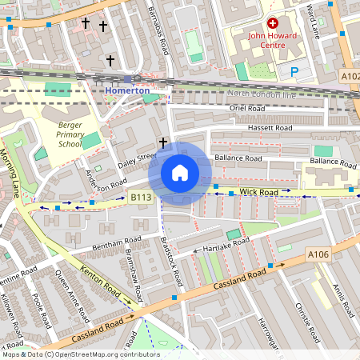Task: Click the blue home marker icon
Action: coord(180,173)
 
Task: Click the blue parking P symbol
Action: coord(294,72)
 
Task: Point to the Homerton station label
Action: coord(127,91)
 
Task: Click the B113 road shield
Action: coord(140,196)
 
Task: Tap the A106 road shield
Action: coord(318,254)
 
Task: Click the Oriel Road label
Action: coord(246,108)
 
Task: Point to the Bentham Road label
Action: coord(117,241)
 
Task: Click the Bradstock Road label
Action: coord(170,260)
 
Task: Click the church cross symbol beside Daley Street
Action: coord(163,142)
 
